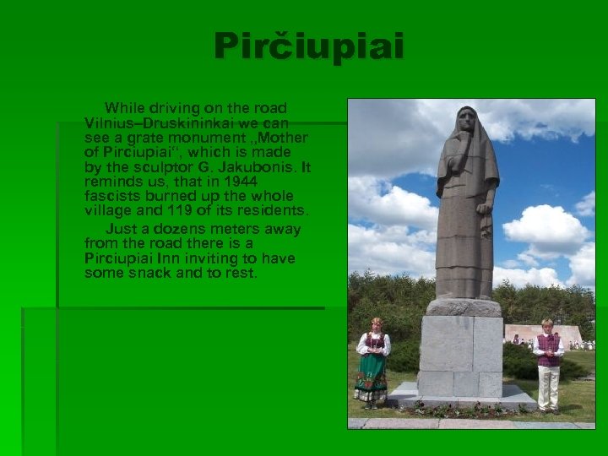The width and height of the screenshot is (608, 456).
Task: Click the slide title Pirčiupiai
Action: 308,46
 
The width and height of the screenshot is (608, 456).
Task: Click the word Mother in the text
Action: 284,138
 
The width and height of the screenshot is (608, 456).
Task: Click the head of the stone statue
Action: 467,122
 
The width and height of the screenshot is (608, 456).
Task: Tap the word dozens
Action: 168,229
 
